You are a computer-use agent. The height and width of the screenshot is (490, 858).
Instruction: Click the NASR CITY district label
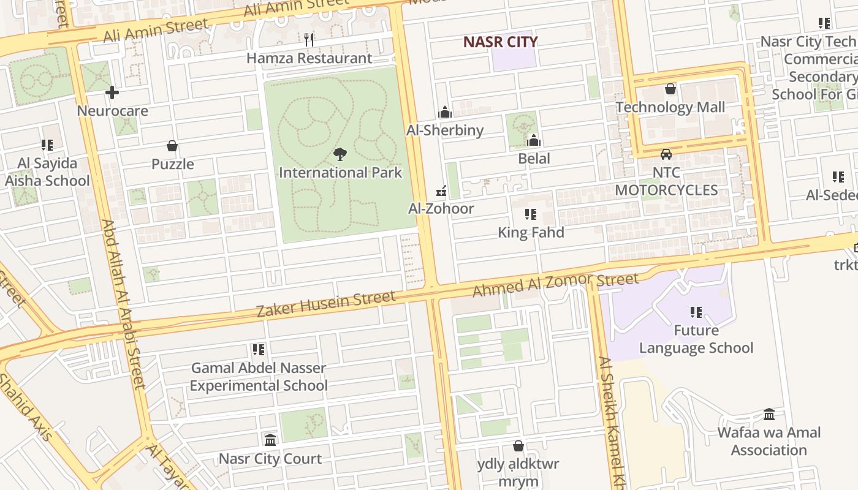point(500,42)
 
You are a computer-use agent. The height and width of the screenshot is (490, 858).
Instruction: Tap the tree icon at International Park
point(340,154)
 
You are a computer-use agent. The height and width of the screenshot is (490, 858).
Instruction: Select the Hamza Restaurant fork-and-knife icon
point(309,40)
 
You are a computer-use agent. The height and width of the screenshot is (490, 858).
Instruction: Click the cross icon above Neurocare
point(112,92)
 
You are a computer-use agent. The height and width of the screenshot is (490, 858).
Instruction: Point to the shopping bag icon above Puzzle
point(172,146)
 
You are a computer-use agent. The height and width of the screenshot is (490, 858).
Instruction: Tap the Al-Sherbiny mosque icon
point(445,112)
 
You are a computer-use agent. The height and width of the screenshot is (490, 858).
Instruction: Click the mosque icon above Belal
point(534,140)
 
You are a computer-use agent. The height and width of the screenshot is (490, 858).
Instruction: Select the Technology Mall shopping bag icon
point(670,89)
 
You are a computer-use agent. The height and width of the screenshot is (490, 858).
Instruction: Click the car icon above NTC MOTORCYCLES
point(666,154)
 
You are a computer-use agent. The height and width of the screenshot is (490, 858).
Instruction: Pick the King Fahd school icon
point(531,214)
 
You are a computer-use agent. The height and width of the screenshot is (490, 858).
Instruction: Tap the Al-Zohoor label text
point(441,208)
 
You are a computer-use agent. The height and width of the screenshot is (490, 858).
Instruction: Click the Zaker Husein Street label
point(325,304)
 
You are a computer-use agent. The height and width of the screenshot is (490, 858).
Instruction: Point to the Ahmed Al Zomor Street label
point(555,285)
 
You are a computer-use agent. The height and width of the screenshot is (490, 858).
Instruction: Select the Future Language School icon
point(696,312)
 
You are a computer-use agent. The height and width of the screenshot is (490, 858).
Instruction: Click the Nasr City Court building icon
point(270,440)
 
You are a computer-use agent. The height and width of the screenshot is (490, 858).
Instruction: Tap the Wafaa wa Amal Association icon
point(769,415)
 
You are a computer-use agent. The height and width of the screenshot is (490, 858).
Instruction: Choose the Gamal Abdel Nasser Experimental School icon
point(259,350)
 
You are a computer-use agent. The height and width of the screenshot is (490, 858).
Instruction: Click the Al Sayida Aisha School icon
point(47,145)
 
